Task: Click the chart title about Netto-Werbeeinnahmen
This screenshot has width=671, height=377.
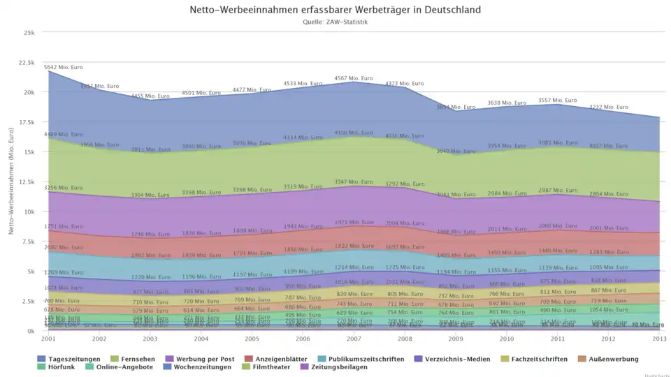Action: (335, 10)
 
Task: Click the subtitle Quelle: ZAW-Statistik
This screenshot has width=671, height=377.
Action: (335, 22)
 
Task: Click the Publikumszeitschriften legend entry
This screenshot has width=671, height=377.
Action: (363, 359)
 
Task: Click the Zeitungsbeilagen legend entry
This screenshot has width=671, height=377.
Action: (338, 367)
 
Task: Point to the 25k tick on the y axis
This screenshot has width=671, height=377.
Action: (29, 33)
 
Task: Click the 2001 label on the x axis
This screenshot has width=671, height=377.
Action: (48, 339)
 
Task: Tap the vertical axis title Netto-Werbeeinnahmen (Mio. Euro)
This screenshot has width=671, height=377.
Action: (12, 182)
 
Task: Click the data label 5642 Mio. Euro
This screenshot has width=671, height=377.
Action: (63, 68)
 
